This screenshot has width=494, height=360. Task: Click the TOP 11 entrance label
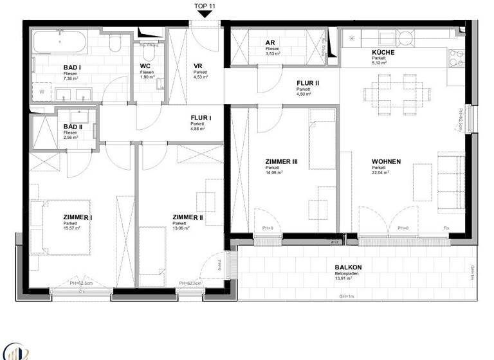(x=205, y=6)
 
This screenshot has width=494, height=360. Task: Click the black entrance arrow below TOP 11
(x=205, y=16)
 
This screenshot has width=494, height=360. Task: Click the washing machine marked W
(x=42, y=93)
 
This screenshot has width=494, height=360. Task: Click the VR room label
(x=198, y=66)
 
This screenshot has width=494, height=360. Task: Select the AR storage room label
(x=270, y=42)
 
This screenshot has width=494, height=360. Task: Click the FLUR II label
(x=307, y=82)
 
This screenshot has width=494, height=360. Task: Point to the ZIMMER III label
(x=281, y=161)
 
